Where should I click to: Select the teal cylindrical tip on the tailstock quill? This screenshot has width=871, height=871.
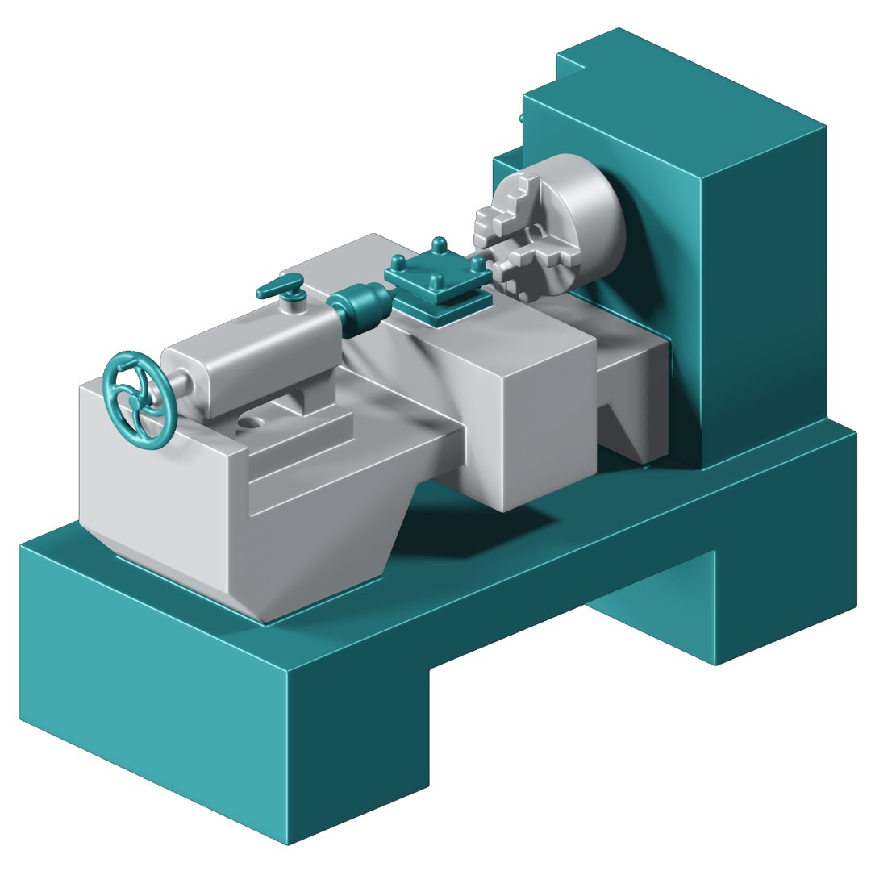(x=357, y=306)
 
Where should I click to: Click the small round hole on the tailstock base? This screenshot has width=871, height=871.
(x=252, y=421)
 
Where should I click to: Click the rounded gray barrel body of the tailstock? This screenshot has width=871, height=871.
(x=250, y=355)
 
